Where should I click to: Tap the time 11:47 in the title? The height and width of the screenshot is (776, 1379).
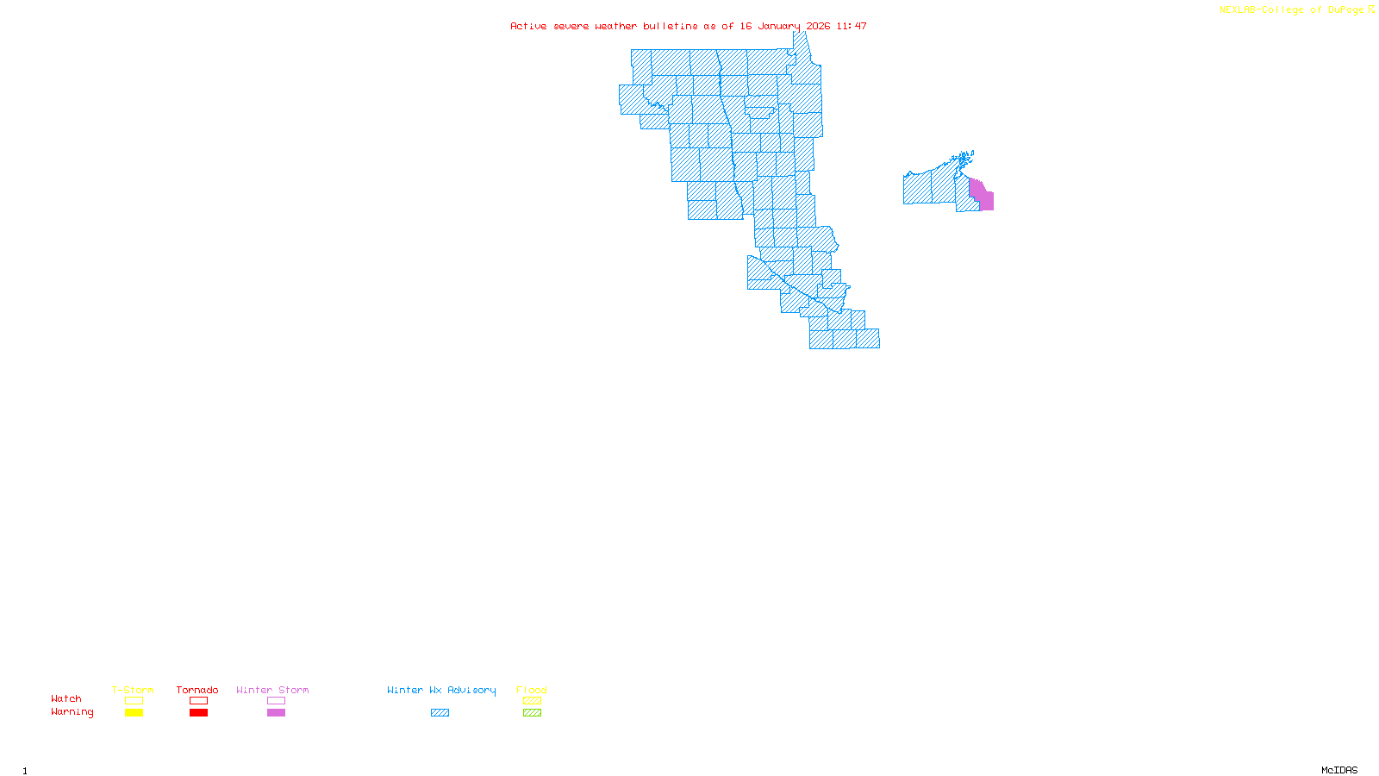click(851, 26)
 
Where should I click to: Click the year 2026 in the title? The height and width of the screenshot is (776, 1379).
click(818, 26)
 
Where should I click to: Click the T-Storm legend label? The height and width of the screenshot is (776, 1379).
click(133, 690)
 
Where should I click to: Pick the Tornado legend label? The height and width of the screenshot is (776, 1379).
click(197, 690)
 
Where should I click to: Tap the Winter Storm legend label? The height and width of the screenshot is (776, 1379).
click(272, 690)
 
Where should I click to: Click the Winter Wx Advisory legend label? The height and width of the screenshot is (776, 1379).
click(441, 690)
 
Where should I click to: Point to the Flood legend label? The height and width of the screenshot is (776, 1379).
click(532, 690)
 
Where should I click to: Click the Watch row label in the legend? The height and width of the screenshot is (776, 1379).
click(66, 698)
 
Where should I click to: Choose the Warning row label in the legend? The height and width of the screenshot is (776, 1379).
click(72, 712)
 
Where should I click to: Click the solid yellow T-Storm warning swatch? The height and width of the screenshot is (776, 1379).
click(134, 713)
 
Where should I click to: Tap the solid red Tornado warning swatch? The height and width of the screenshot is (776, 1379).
click(198, 713)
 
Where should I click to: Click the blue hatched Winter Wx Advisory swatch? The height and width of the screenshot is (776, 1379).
click(440, 713)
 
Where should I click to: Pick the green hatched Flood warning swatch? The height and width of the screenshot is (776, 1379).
click(532, 713)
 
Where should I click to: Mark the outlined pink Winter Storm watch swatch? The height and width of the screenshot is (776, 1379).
click(276, 701)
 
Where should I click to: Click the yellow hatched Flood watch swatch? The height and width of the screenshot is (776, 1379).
click(532, 701)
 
